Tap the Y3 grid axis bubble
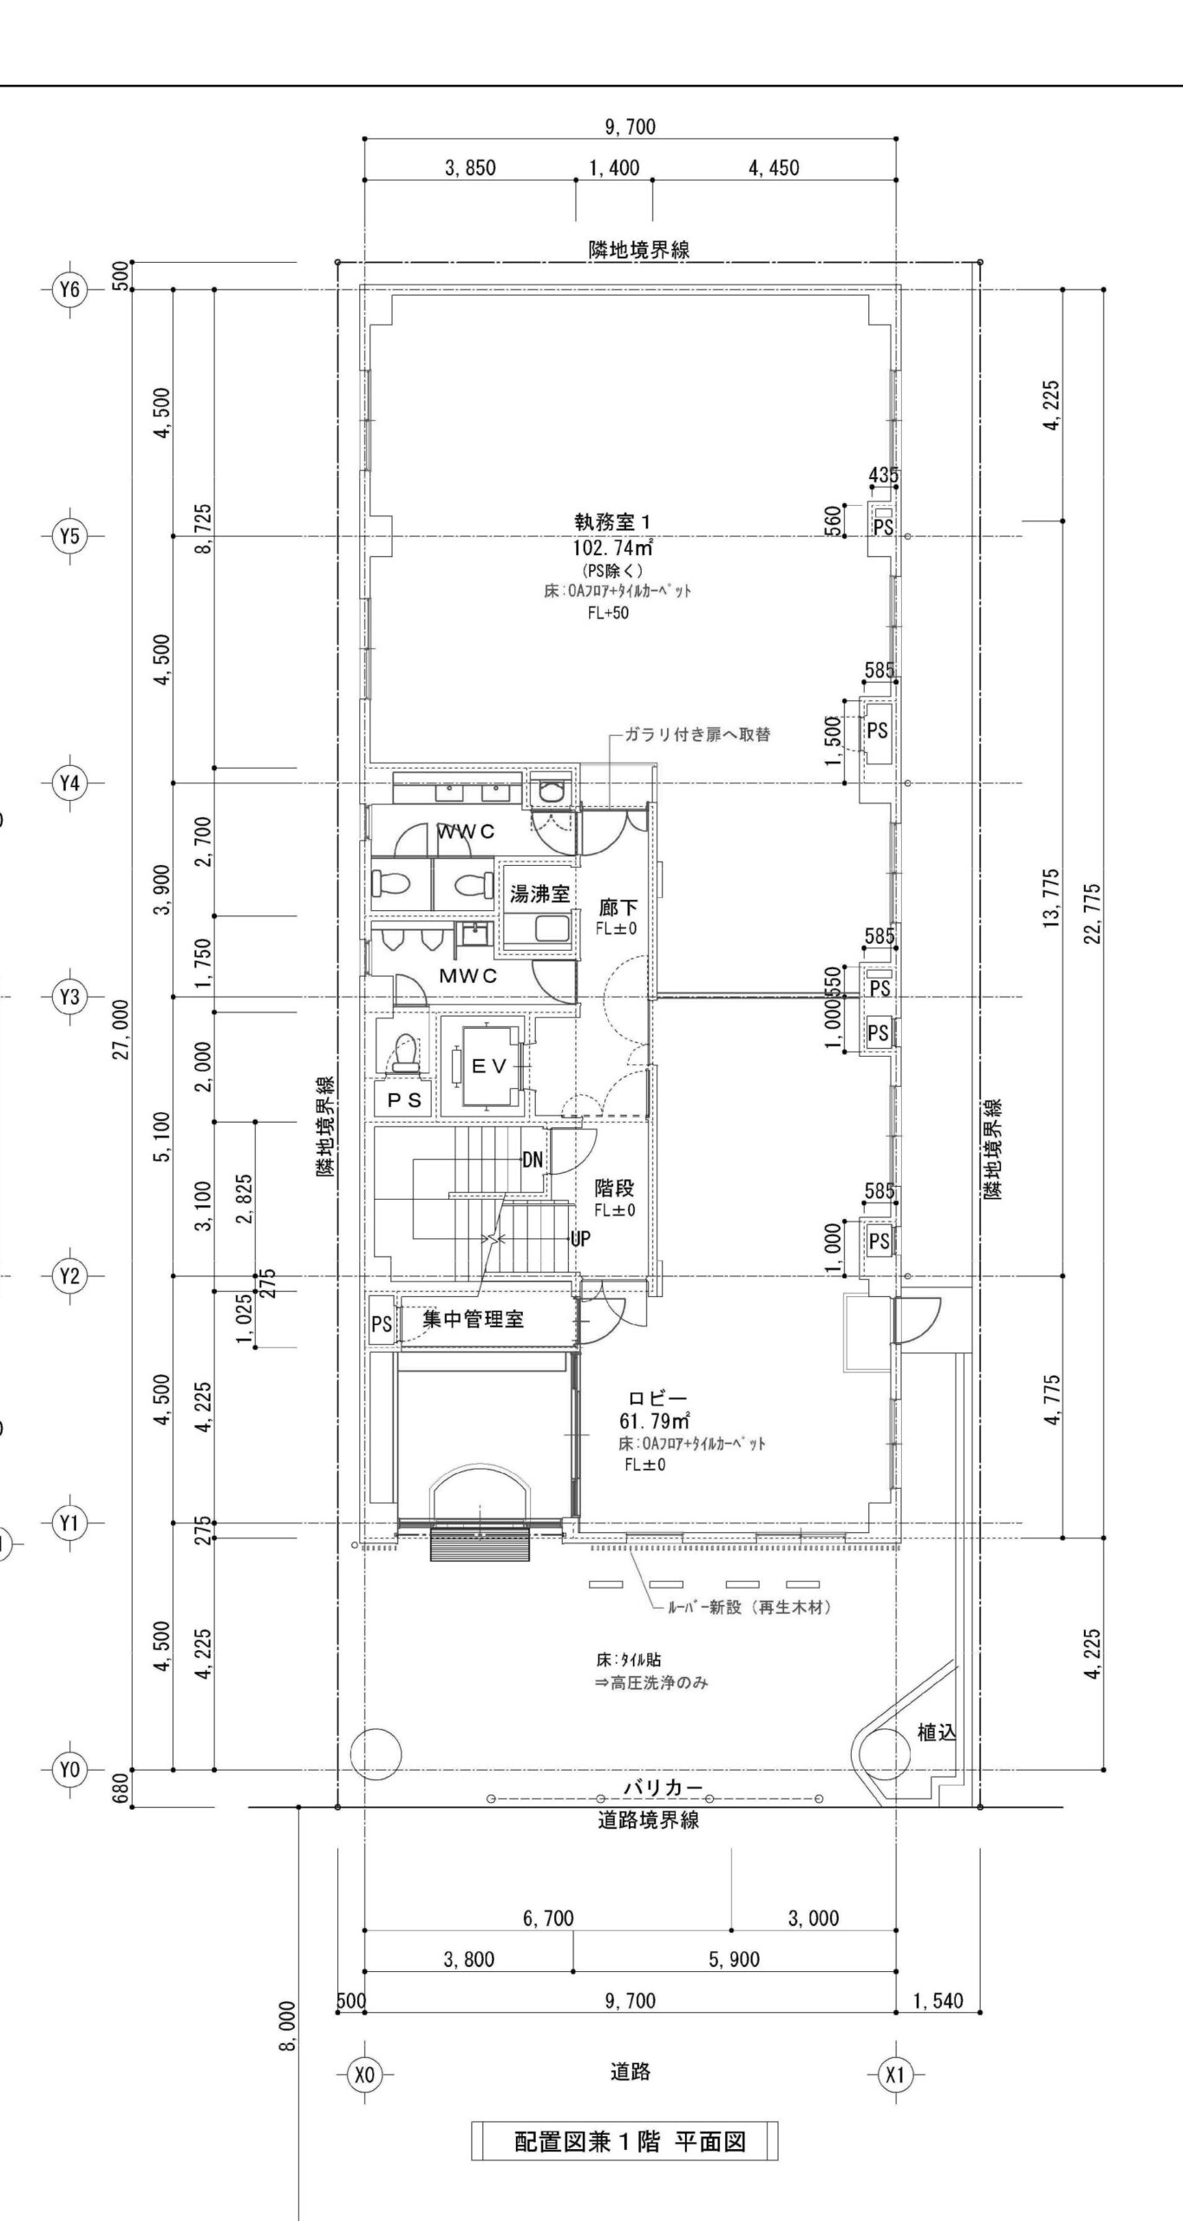click(69, 997)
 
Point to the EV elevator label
click(489, 1067)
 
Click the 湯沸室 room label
click(539, 893)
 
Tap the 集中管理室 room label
click(473, 1320)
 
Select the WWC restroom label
click(466, 832)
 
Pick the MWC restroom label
click(468, 976)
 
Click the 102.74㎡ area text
click(611, 548)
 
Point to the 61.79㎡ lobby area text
click(655, 1421)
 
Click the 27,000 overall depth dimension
click(121, 1029)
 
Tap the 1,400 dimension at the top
click(614, 167)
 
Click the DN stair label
click(533, 1160)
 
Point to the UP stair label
click(579, 1239)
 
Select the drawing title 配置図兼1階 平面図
click(630, 2141)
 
